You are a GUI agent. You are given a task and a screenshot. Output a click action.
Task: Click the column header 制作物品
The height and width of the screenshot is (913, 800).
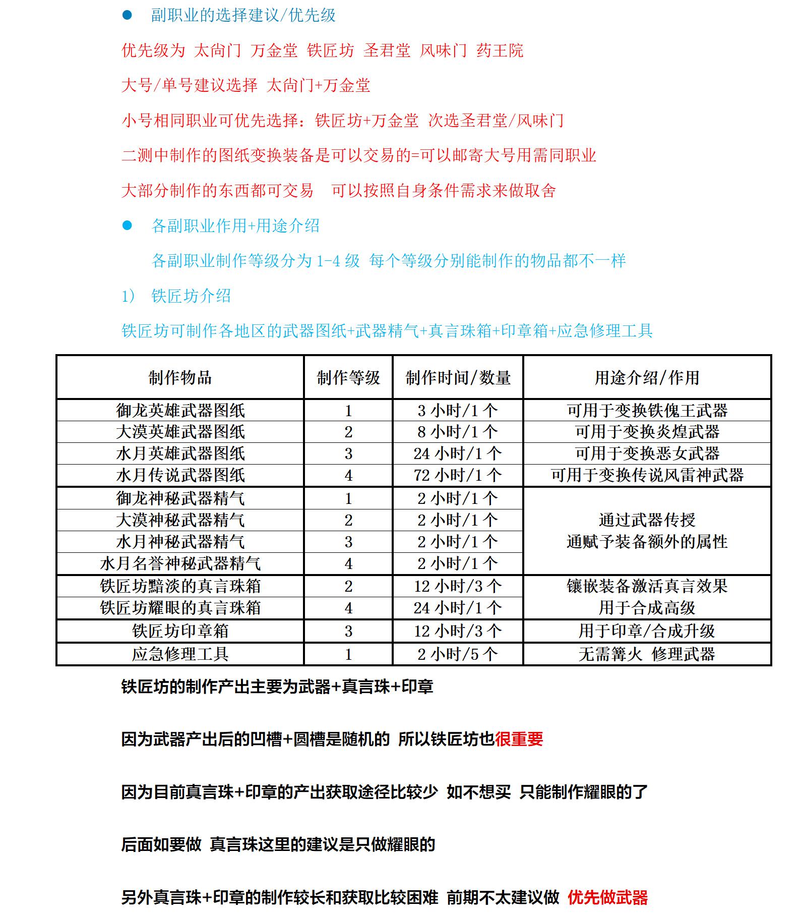(x=180, y=378)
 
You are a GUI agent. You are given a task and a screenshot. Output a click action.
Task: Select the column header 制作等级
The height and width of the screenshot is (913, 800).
(x=348, y=378)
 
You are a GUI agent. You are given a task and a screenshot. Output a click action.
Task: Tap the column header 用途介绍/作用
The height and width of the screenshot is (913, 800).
(x=647, y=378)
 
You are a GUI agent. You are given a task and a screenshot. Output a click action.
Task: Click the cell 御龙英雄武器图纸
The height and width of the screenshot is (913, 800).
(x=180, y=411)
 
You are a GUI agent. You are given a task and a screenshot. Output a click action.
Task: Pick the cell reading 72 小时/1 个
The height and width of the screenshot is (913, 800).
(x=458, y=475)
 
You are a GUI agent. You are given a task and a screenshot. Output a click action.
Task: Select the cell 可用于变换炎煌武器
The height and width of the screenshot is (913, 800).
(x=647, y=432)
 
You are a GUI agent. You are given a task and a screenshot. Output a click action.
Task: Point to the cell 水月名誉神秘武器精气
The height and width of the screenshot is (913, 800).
(x=180, y=563)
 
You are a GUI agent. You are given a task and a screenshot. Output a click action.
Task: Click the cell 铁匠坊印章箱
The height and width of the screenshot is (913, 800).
(x=180, y=631)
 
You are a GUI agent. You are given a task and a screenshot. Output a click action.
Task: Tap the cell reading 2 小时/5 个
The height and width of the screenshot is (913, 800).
(x=458, y=654)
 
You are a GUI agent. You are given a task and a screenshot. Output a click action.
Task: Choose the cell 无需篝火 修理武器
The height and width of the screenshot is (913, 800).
(x=647, y=654)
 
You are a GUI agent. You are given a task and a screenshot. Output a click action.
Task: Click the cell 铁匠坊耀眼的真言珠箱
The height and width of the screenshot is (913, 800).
(x=180, y=608)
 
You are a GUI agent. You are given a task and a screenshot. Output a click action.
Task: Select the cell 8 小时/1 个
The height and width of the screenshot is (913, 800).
(x=458, y=432)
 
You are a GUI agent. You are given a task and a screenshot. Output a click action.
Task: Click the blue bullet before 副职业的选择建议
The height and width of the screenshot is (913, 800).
(x=127, y=16)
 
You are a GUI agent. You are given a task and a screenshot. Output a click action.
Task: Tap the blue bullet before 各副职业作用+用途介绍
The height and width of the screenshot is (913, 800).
(x=127, y=225)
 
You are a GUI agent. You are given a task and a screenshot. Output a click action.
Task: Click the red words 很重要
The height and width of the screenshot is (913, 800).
(x=519, y=739)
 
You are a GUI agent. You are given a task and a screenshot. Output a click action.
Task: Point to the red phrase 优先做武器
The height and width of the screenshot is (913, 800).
(x=607, y=897)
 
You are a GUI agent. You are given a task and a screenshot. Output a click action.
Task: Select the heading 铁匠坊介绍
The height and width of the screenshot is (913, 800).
(x=191, y=296)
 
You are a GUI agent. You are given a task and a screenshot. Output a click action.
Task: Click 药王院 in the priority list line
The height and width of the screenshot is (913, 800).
(x=500, y=50)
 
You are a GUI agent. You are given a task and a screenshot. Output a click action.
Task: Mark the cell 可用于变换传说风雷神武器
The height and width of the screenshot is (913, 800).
(x=647, y=475)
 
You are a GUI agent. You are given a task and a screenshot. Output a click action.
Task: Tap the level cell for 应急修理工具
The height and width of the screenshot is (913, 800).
(x=348, y=654)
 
